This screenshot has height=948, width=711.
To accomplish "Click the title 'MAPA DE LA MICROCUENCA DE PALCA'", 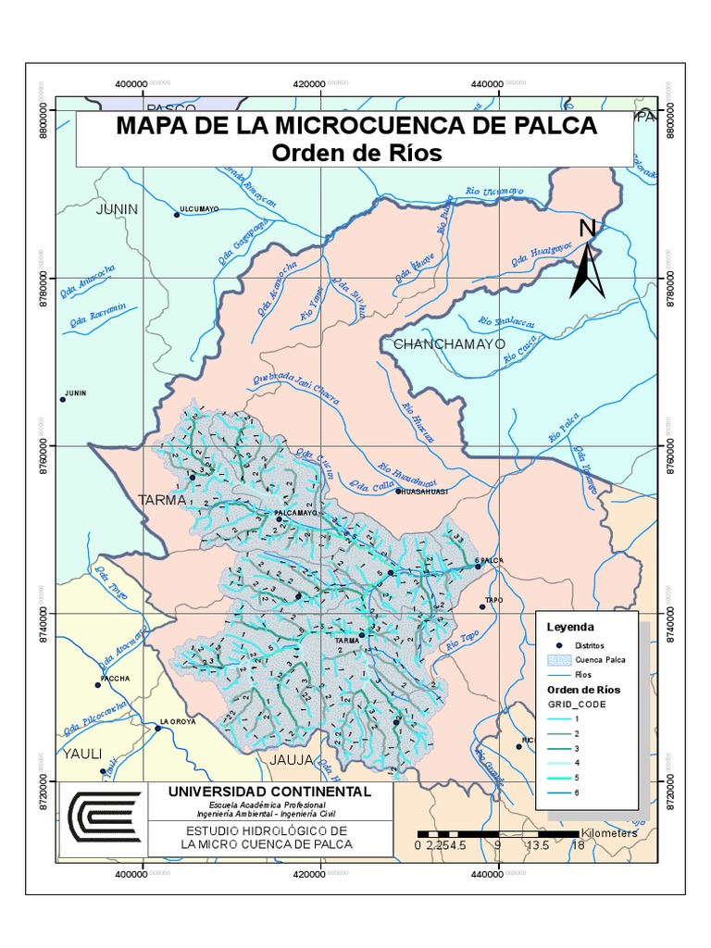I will [x=356, y=126].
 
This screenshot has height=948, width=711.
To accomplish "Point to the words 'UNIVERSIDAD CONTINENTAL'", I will [x=268, y=792].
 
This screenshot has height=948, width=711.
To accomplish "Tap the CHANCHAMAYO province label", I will [x=449, y=343].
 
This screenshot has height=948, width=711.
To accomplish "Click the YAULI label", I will [x=81, y=753].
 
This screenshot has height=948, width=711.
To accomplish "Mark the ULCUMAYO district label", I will [x=199, y=210].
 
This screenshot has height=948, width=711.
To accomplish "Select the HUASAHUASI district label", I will [x=424, y=492].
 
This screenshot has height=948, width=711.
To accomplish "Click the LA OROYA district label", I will [x=178, y=721].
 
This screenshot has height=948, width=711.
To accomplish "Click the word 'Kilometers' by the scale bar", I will [x=610, y=832].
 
